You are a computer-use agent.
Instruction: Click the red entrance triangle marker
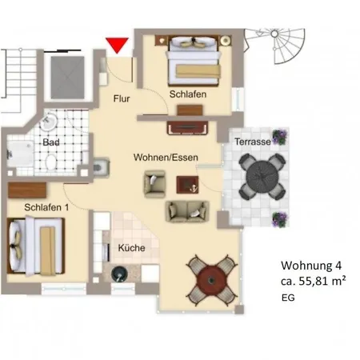pyautogui.click(x=117, y=45)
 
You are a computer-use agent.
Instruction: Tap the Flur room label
pyautogui.click(x=122, y=98)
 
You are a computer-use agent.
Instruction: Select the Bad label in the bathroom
pyautogui.click(x=51, y=142)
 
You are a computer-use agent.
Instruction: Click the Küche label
pyautogui.click(x=132, y=248)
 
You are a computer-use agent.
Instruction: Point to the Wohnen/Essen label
pyautogui.click(x=166, y=158)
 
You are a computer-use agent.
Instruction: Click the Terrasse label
pyautogui.click(x=253, y=142)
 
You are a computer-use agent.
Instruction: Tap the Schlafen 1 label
pyautogui.click(x=46, y=207)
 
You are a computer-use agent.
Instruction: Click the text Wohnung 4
pyautogui.click(x=311, y=266)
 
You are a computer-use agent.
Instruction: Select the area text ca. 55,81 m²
pyautogui.click(x=314, y=281)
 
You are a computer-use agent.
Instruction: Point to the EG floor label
pyautogui.click(x=288, y=298)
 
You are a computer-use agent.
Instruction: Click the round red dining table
pyautogui.click(x=211, y=280)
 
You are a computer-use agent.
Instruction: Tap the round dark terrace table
pyautogui.click(x=262, y=176)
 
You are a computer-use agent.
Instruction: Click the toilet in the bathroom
pyautogui.click(x=51, y=162)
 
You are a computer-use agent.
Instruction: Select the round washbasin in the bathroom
pyautogui.click(x=48, y=122)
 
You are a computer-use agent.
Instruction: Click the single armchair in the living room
pyautogui.click(x=154, y=184)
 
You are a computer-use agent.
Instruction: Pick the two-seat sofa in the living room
pyautogui.click(x=187, y=211)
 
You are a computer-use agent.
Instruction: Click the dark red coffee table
pyautogui.click(x=187, y=185)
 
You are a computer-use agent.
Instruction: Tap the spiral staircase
pyautogui.click(x=274, y=46)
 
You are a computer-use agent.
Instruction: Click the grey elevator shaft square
pyautogui.click(x=68, y=78)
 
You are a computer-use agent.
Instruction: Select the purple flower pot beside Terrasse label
pyautogui.click(x=279, y=137)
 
